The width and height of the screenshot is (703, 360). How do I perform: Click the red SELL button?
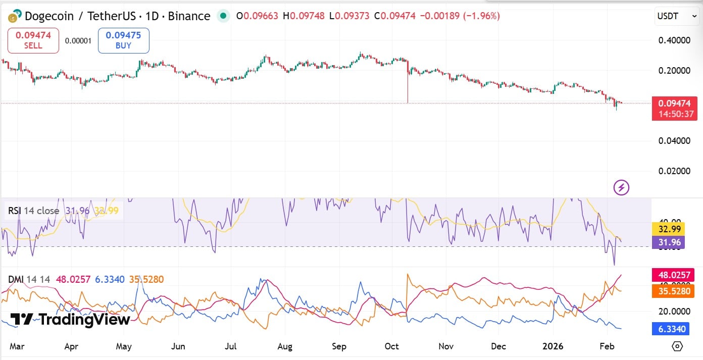click(33, 40)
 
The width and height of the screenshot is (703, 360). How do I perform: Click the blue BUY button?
click(123, 40)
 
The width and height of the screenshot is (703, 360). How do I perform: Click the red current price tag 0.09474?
click(675, 108)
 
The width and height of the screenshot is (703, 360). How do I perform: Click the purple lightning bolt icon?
click(621, 188)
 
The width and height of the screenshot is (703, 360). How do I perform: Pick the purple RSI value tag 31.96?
click(669, 242)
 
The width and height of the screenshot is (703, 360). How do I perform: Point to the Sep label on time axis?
click(339, 346)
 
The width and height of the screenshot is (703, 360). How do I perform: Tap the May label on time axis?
click(124, 346)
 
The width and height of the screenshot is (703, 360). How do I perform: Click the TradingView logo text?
click(71, 319)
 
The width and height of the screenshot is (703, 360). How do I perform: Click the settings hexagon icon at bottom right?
click(678, 346)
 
